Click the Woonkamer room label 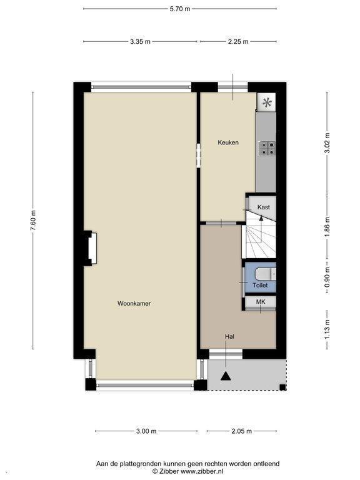[134, 303]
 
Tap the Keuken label [228, 142]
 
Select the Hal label [229, 336]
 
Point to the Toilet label [260, 285]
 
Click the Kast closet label [264, 207]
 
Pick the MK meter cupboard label [261, 302]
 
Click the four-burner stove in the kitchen [267, 149]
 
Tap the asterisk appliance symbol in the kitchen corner [267, 102]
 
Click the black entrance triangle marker [226, 376]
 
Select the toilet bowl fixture [266, 274]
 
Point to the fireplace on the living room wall [92, 248]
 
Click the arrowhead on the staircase [261, 218]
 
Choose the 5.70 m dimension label [180, 9]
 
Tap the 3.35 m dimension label [140, 42]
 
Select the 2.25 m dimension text [238, 42]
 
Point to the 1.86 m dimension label [327, 226]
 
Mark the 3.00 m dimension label [146, 431]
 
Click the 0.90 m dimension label [327, 277]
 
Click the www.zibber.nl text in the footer [202, 471]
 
